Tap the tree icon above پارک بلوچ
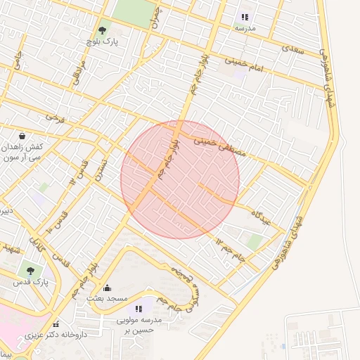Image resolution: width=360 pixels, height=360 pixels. pyautogui.click(x=103, y=30)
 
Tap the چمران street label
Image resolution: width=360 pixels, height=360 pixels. pyautogui.click(x=155, y=16)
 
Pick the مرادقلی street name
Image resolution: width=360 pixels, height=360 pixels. pyautogui.click(x=79, y=72)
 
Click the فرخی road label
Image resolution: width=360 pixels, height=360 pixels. pyautogui.click(x=55, y=118)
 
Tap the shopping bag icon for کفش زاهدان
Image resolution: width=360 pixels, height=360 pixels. pyautogui.click(x=22, y=136)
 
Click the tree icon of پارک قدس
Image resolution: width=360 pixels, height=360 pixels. pyautogui.click(x=30, y=269)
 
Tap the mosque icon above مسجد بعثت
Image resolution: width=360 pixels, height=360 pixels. pyautogui.click(x=107, y=288)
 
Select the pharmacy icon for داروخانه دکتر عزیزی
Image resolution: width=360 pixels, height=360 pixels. pyautogui.click(x=56, y=323)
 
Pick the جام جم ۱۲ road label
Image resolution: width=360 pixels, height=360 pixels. pyautogui.click(x=231, y=250)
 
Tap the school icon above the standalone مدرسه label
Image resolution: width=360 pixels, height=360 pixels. pyautogui.click(x=245, y=17)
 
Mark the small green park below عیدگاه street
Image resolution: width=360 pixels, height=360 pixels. pyautogui.click(x=255, y=242)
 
